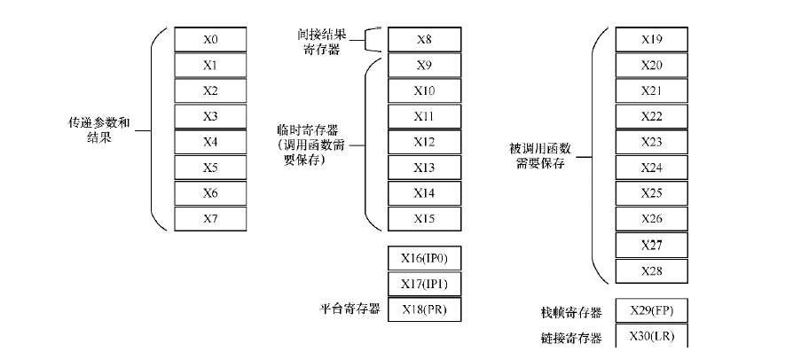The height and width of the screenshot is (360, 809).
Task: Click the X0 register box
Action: coord(210,40)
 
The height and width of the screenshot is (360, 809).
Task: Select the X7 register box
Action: coord(210,218)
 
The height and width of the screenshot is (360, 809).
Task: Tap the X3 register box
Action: coord(210,116)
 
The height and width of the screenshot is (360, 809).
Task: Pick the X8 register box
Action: coord(424,40)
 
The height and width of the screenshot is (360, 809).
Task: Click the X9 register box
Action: coord(424,66)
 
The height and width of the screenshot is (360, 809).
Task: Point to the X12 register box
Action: coord(424,142)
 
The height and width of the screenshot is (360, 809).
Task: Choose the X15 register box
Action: coord(424,218)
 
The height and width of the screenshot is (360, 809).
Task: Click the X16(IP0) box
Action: coord(424,258)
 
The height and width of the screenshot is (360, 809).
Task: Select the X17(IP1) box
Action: coord(424,284)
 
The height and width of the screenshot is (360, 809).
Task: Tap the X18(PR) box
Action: coord(424,309)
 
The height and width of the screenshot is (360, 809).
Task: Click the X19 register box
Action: coord(651,40)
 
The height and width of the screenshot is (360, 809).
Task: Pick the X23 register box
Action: coord(651,142)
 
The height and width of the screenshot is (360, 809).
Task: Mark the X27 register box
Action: coord(651,244)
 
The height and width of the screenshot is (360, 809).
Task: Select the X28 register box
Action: coord(651,270)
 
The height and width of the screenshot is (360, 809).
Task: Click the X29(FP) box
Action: coord(651,312)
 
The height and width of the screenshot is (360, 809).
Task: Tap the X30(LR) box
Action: coord(651,338)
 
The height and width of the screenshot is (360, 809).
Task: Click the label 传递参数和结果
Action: coord(105,129)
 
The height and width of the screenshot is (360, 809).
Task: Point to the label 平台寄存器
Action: coord(350,309)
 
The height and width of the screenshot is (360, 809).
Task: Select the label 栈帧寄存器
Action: coord(570,313)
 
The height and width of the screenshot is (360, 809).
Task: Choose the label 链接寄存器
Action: coord(570,338)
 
